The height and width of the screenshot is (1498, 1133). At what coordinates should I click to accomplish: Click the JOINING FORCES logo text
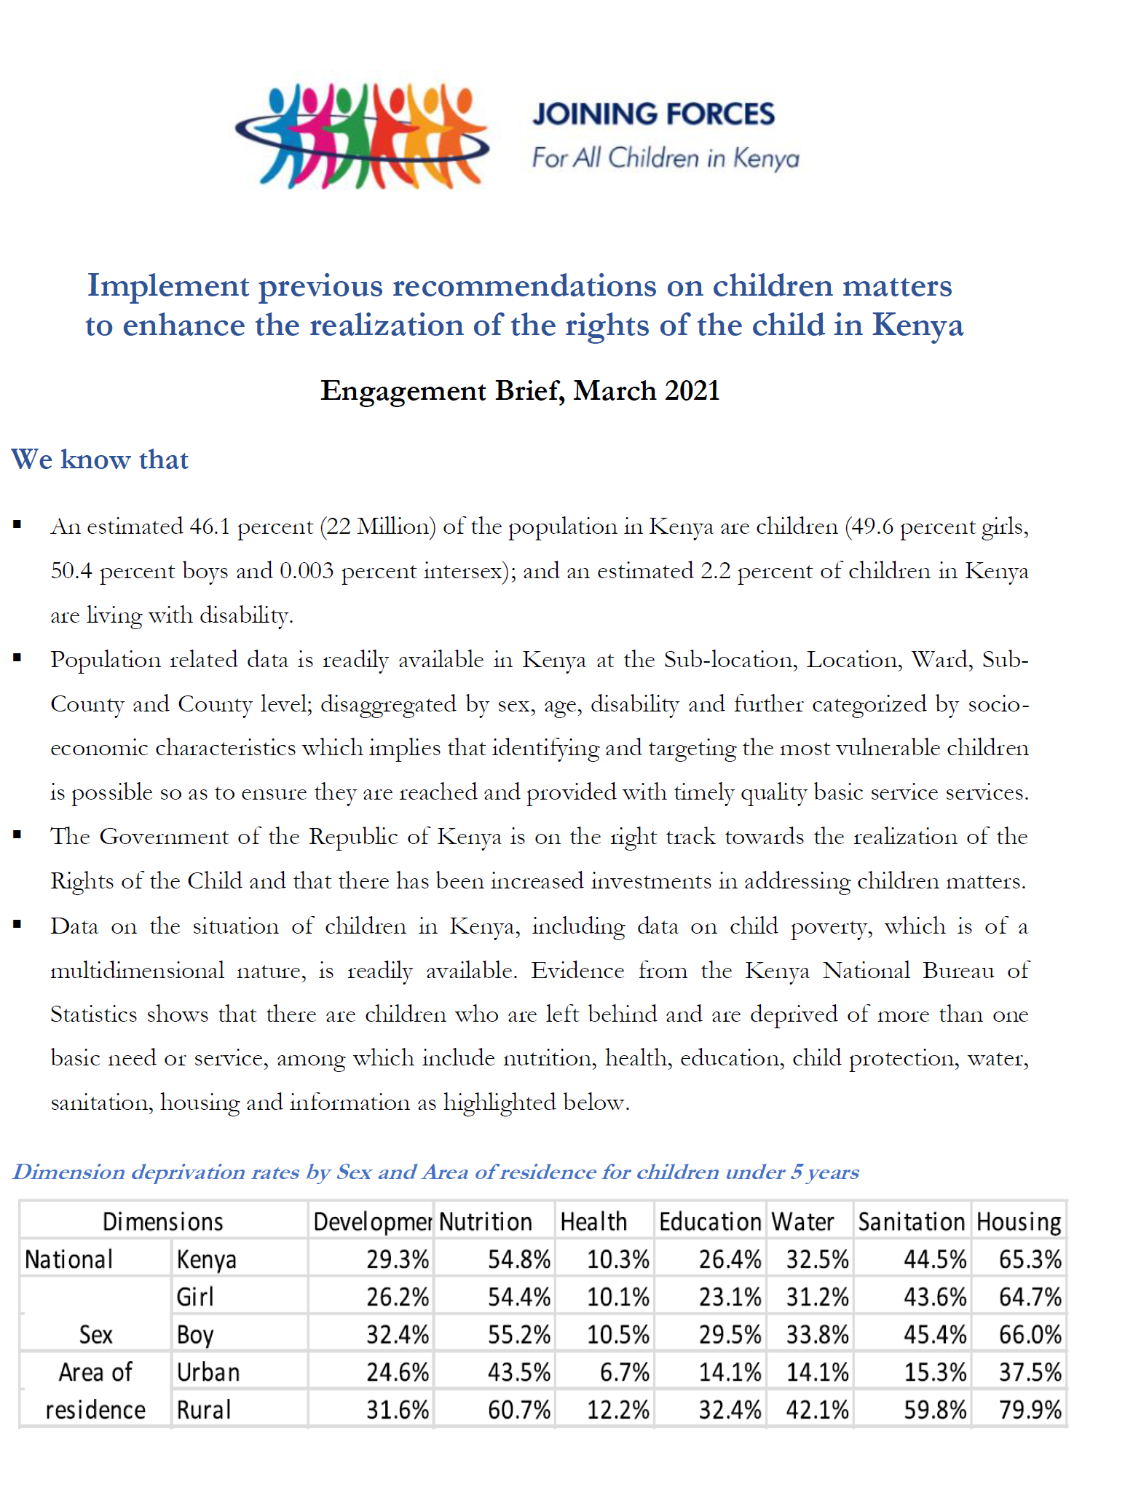653,114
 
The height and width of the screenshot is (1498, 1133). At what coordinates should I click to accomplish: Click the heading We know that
100,460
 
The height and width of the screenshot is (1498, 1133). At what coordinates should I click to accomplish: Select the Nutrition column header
486,1221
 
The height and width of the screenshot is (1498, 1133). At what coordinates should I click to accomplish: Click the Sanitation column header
911,1221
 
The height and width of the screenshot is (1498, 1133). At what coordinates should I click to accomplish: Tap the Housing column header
1019,1221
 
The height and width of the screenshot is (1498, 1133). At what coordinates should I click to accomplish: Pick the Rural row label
204,1410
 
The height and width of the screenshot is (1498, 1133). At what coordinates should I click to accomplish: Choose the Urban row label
208,1372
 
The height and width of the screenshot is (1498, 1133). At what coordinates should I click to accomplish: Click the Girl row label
195,1297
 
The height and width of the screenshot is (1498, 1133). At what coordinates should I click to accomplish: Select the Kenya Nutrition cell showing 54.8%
518,1259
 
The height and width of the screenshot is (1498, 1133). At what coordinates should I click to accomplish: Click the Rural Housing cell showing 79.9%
1030,1410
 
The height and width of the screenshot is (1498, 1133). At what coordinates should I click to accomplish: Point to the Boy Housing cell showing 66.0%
1030,1335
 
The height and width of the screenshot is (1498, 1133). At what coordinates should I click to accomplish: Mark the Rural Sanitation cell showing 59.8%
935,1410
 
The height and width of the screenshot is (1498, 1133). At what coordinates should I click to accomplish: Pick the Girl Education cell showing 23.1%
730,1297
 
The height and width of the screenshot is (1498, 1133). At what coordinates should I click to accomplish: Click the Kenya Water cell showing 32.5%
817,1259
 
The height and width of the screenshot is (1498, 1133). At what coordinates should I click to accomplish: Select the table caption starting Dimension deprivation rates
436,1172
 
